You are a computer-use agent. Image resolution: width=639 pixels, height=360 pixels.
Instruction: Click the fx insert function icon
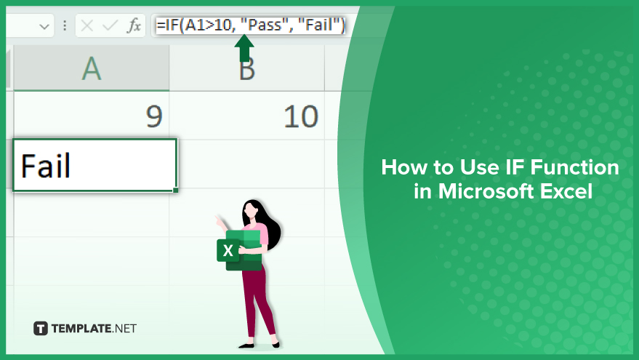click(134, 25)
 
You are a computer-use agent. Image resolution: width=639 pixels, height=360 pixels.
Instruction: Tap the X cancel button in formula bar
click(87, 25)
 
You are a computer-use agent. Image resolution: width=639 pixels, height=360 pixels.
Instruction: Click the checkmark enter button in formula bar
click(110, 25)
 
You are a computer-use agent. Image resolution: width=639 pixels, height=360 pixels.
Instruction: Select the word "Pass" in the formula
click(265, 25)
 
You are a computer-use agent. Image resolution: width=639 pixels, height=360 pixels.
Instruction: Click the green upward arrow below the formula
click(244, 48)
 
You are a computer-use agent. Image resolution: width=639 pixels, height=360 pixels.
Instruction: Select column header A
click(92, 68)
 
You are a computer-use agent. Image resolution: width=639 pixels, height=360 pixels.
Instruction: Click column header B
click(247, 68)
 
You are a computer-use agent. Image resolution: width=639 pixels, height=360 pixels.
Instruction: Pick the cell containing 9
click(92, 116)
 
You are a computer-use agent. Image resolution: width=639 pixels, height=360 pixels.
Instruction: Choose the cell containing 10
click(247, 116)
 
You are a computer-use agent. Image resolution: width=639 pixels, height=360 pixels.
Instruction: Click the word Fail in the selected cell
click(46, 166)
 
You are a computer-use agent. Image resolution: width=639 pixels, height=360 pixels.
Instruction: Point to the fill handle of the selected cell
click(176, 190)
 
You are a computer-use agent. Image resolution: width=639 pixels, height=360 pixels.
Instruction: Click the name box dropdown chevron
click(44, 27)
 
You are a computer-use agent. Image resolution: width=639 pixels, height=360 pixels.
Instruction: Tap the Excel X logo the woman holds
click(228, 250)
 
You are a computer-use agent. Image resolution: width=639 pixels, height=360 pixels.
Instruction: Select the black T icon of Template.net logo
click(40, 328)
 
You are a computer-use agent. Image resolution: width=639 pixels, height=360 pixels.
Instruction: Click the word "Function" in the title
click(574, 167)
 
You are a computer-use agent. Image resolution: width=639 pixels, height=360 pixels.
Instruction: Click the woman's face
click(251, 211)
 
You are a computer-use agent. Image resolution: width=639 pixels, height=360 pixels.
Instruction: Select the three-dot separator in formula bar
click(65, 25)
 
